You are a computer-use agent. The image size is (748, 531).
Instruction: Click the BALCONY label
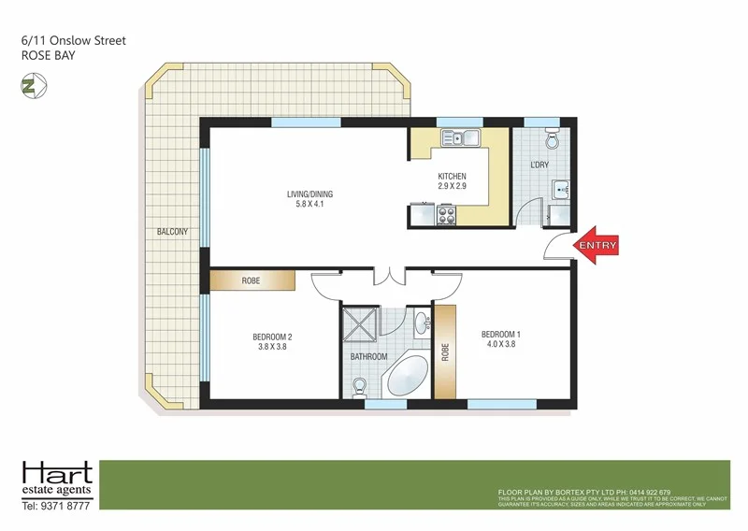pos(173,231)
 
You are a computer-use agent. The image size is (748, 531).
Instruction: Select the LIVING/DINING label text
pos(309,194)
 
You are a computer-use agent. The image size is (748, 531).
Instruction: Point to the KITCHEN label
pos(452,177)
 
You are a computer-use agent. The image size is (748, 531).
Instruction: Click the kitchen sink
pos(460,139)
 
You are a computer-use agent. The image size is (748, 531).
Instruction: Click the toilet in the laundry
pos(552,141)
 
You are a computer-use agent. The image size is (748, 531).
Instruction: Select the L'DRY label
pos(539,165)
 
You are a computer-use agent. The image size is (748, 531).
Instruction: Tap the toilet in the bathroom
pos(360,385)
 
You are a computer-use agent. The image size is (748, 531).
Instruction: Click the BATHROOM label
pos(368,356)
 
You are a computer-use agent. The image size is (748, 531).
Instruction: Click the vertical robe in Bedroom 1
pos(445,351)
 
